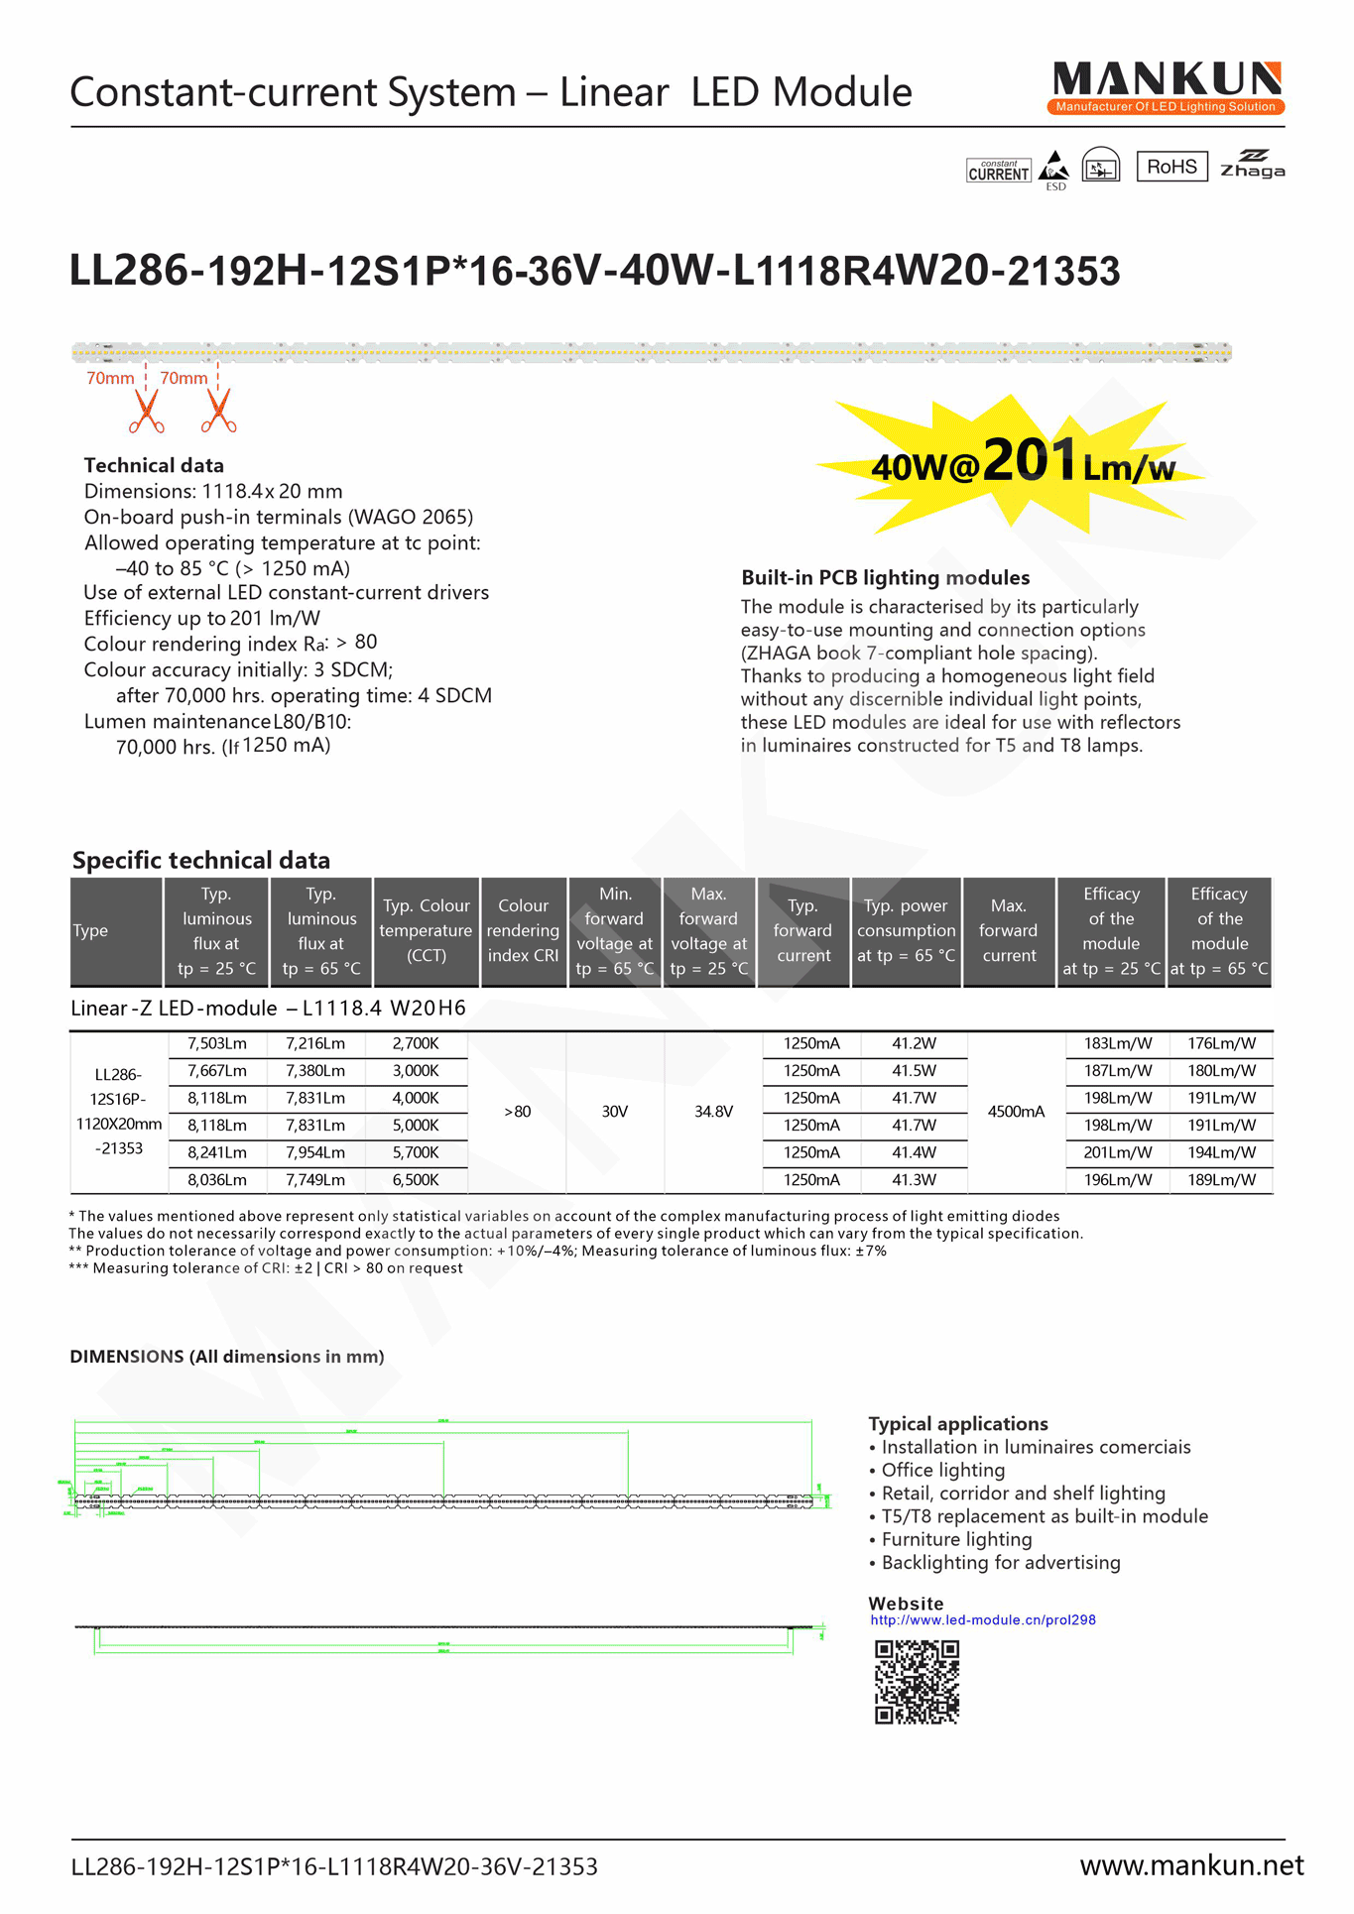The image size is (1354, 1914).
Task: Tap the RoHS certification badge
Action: click(1171, 167)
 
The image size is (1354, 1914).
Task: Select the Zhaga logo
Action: click(1252, 165)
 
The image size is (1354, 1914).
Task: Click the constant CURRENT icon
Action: click(998, 171)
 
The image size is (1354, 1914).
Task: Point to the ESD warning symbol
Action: click(1054, 169)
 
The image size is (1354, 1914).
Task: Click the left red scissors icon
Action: click(146, 412)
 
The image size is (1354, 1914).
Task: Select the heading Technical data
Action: click(154, 465)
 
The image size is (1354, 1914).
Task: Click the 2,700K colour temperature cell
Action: click(415, 1043)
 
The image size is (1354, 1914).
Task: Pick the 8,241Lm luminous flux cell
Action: click(217, 1152)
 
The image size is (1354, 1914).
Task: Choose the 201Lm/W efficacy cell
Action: click(1118, 1152)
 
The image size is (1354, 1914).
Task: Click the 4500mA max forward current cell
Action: click(1016, 1112)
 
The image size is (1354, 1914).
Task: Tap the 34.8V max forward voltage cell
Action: click(713, 1112)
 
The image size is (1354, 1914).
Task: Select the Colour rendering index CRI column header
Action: click(523, 931)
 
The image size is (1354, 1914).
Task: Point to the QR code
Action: click(917, 1682)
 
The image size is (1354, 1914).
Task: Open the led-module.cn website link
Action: click(982, 1619)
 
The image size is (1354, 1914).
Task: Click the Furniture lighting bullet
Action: click(956, 1539)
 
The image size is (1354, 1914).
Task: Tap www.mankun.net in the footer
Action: click(1191, 1865)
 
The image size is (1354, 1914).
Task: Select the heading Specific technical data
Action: click(201, 860)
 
